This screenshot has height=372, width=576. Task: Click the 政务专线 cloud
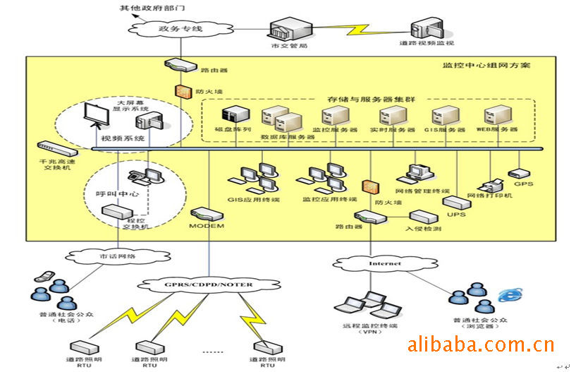pos(176,29)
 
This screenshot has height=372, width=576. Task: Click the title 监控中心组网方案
pos(486,66)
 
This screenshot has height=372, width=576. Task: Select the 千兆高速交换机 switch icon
pos(56,149)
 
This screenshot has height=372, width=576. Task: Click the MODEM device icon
pos(206,212)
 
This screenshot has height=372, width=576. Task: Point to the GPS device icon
pos(518,172)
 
